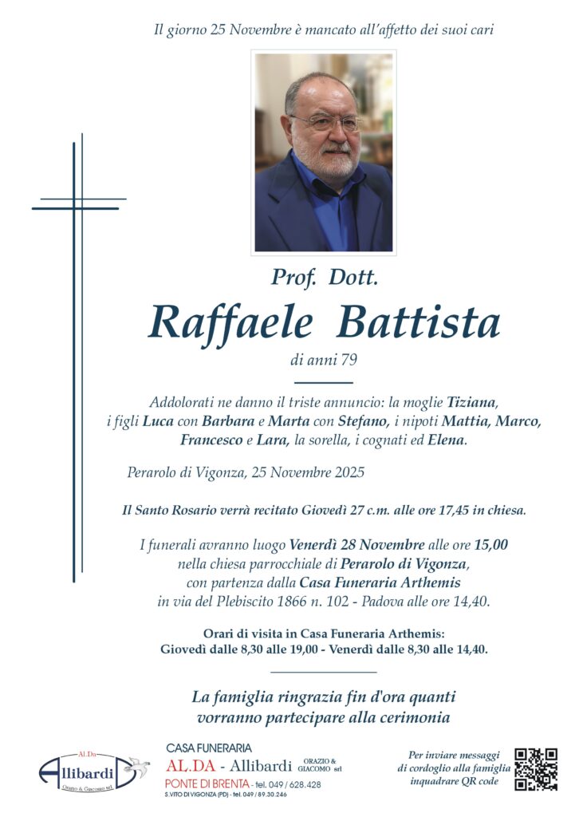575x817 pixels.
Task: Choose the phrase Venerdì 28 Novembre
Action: click(x=356, y=545)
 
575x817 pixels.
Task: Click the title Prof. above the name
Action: click(x=294, y=278)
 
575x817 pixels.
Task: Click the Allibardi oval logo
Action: click(x=82, y=772)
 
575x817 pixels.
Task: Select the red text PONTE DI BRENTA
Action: click(x=203, y=784)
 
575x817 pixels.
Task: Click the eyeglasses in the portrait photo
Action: click(x=325, y=123)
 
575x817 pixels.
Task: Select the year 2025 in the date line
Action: click(x=349, y=472)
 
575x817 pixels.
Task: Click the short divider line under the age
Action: click(x=322, y=383)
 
